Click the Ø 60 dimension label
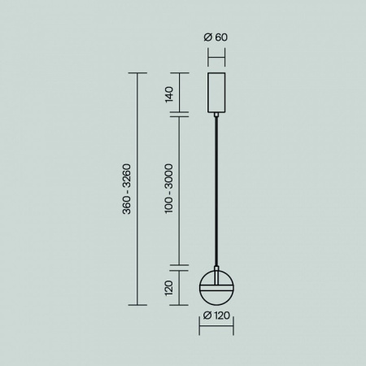tap(216, 37)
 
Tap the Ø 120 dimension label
tap(216, 316)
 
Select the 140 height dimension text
tap(169, 94)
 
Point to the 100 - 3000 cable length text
tap(169, 189)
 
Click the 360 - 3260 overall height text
tap(127, 189)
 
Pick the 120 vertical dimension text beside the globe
tap(169, 288)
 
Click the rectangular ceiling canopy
tap(216, 93)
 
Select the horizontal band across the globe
tap(216, 287)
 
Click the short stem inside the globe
tap(216, 276)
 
